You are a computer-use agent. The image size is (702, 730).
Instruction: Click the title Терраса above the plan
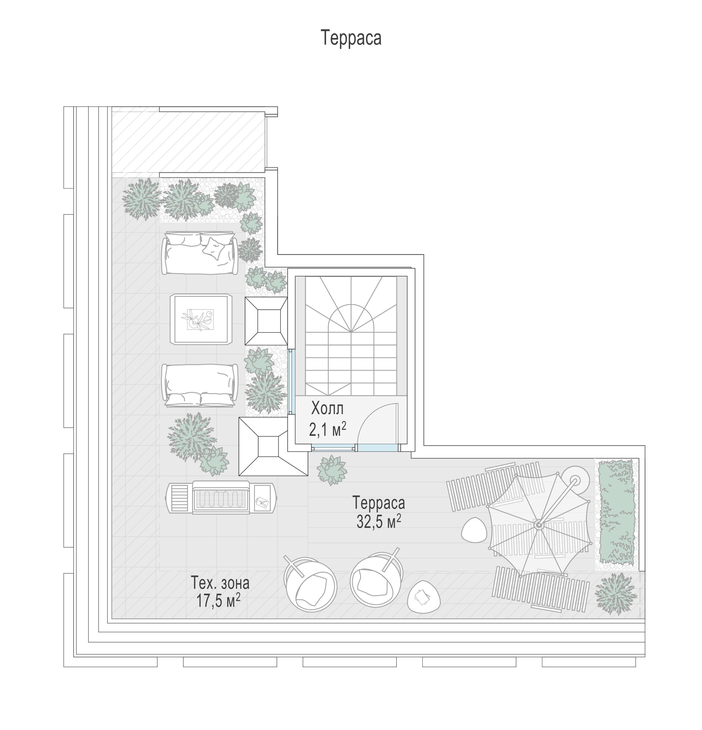point(351,38)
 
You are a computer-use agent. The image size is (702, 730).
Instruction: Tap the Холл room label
point(327,409)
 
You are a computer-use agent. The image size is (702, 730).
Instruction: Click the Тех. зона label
point(220,583)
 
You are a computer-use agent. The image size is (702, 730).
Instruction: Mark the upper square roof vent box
point(266,321)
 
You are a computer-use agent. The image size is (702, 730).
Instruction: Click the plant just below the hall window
point(331,470)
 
